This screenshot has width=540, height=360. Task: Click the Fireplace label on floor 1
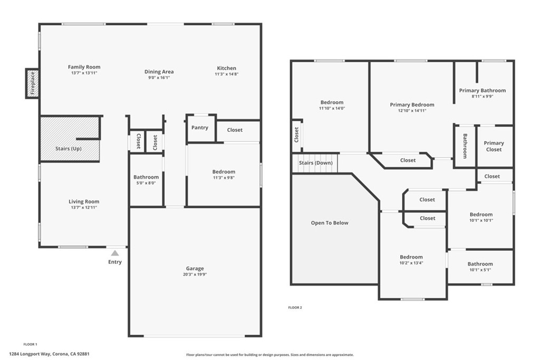pyautogui.click(x=32, y=83)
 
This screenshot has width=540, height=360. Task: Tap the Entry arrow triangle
pyautogui.click(x=115, y=254)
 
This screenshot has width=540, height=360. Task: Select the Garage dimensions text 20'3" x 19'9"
pyautogui.click(x=195, y=275)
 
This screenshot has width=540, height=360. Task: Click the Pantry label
pyautogui.click(x=200, y=128)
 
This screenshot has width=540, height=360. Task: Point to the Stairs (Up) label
pyautogui.click(x=69, y=149)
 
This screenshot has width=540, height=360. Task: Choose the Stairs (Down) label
pyautogui.click(x=315, y=163)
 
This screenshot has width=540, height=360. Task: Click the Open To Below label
pyautogui.click(x=330, y=223)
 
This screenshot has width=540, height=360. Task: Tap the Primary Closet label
pyautogui.click(x=494, y=146)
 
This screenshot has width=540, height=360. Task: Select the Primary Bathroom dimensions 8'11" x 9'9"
pyautogui.click(x=482, y=96)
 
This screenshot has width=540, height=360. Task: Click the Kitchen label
pyautogui.click(x=227, y=68)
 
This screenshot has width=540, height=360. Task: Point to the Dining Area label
pyautogui.click(x=159, y=72)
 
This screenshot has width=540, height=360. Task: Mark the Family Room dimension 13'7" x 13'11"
pyautogui.click(x=84, y=73)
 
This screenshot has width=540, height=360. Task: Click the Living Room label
pyautogui.click(x=84, y=201)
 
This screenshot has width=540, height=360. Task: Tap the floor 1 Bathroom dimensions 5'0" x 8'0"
pyautogui.click(x=146, y=183)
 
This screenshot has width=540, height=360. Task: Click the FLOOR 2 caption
pyautogui.click(x=295, y=307)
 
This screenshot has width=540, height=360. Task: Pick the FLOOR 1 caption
pyautogui.click(x=31, y=344)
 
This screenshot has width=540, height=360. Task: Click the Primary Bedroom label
pyautogui.click(x=412, y=105)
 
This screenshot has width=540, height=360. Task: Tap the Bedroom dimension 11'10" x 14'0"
pyautogui.click(x=332, y=109)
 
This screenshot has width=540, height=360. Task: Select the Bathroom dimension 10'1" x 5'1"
pyautogui.click(x=480, y=270)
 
